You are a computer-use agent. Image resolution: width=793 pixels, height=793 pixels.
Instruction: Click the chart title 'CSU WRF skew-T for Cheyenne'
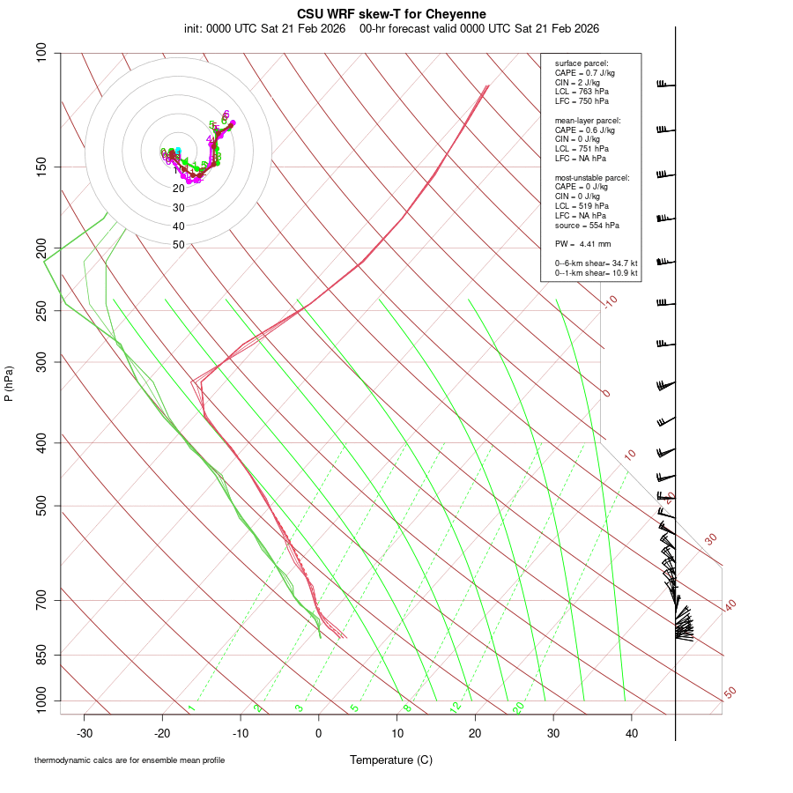tap(391, 14)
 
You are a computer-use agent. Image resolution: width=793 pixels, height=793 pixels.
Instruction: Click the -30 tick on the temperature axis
tap(85, 733)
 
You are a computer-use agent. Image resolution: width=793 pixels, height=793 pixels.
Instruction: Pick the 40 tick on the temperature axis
tap(632, 733)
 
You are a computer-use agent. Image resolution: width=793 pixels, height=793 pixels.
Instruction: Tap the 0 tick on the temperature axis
tap(319, 733)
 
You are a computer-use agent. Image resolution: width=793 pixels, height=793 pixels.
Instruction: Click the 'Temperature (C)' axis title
tap(391, 760)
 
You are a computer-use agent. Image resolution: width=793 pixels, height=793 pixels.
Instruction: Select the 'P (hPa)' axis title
tap(9, 383)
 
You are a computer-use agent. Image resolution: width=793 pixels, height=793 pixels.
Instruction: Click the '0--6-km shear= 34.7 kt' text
tap(596, 263)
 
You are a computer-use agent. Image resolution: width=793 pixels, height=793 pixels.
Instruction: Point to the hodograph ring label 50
tap(179, 245)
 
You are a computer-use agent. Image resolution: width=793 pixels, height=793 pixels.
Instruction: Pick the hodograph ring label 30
tap(179, 208)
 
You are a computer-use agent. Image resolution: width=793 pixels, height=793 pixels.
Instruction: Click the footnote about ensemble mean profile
tap(130, 760)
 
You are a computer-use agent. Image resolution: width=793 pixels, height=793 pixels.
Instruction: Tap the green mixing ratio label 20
tap(518, 708)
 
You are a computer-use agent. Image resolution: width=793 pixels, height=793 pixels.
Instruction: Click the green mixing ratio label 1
tap(191, 708)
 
